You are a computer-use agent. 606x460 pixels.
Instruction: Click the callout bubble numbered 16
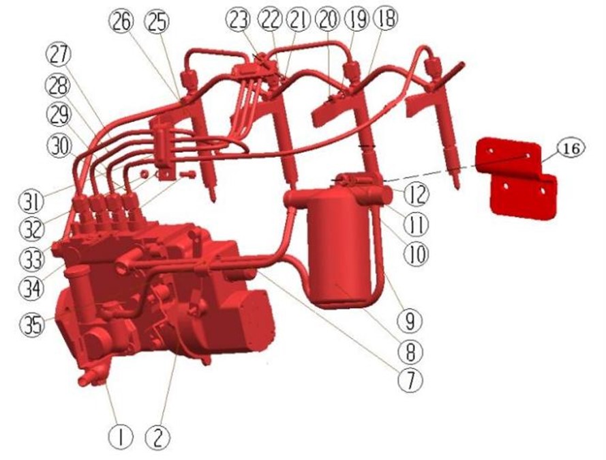(x=571, y=149)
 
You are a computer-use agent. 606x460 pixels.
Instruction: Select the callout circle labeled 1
(x=120, y=437)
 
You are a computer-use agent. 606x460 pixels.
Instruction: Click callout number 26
(x=121, y=21)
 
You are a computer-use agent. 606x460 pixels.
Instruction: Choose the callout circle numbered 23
(x=239, y=20)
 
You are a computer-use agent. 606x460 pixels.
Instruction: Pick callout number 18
(x=385, y=18)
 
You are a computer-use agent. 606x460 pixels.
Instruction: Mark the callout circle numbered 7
(x=410, y=379)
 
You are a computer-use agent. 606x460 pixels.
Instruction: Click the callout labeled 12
(x=416, y=194)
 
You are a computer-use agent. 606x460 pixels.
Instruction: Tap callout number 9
(x=410, y=320)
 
